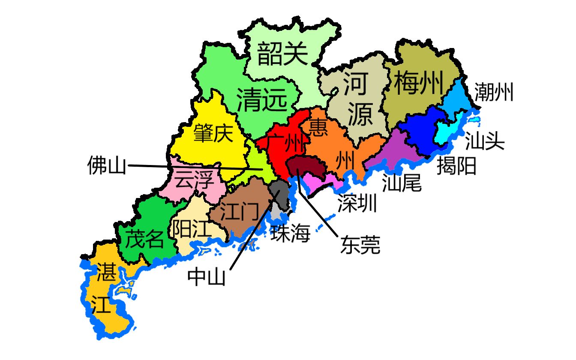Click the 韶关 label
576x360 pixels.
click(x=283, y=55)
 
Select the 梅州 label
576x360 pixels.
click(x=418, y=83)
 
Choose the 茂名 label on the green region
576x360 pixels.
click(x=144, y=239)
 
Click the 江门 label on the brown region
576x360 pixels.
click(x=239, y=211)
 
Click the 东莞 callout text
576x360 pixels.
click(x=360, y=245)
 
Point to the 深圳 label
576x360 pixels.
click(x=357, y=204)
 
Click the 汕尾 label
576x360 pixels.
click(x=402, y=182)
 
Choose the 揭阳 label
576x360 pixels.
click(x=456, y=166)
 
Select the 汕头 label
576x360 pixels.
click(x=485, y=141)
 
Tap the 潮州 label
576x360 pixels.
click(x=493, y=92)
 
